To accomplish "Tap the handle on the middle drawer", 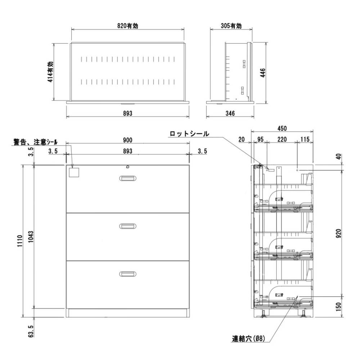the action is pos(128,226).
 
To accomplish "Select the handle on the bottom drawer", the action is pos(128,274).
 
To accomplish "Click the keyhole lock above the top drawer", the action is pos(127,166).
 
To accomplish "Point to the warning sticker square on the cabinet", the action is pos(74,172).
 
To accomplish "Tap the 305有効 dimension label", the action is pos(231,26).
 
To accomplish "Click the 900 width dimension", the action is pos(127,140).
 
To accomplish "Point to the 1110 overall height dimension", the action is pos(20,240).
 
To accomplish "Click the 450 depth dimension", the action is pos(282,129).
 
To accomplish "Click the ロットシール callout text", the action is pos(189,134).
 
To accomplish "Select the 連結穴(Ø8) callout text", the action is pos(248,338).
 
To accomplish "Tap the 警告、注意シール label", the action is pos(36,142).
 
